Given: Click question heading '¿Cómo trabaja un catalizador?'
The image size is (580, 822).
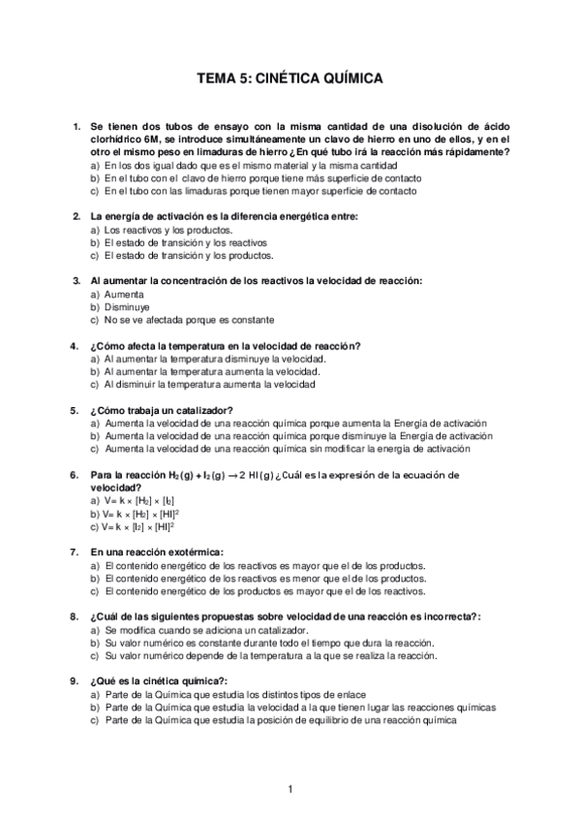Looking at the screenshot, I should pos(161,410).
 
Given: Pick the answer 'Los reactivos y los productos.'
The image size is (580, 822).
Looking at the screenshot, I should pos(168,230).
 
